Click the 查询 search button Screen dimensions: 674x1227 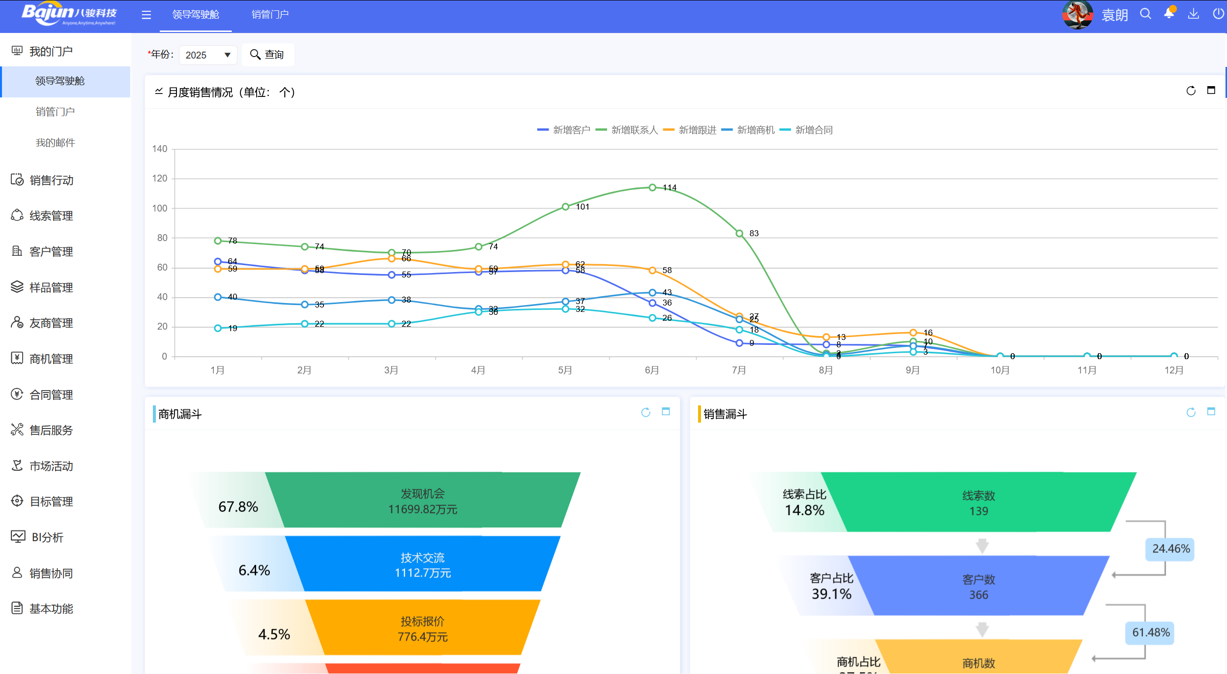267,55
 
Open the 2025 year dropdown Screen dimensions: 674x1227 208,55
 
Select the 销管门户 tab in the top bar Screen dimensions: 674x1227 270,15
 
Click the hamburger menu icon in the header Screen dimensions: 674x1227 146,15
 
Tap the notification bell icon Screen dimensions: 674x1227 1169,14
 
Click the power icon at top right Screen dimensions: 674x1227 1218,14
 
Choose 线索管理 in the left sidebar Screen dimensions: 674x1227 51,215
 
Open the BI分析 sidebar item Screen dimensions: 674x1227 47,537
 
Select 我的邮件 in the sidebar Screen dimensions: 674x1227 55,143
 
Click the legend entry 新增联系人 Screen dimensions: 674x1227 627,130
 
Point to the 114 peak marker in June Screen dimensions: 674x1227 652,187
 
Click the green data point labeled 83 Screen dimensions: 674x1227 739,233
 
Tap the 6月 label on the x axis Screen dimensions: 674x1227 652,370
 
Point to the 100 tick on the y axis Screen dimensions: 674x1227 160,208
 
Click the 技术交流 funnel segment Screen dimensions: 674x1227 423,564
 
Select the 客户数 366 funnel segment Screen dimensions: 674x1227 978,586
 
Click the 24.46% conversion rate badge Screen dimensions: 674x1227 1170,549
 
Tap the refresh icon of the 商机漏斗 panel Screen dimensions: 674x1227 645,412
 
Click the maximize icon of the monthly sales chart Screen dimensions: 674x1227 1211,91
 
